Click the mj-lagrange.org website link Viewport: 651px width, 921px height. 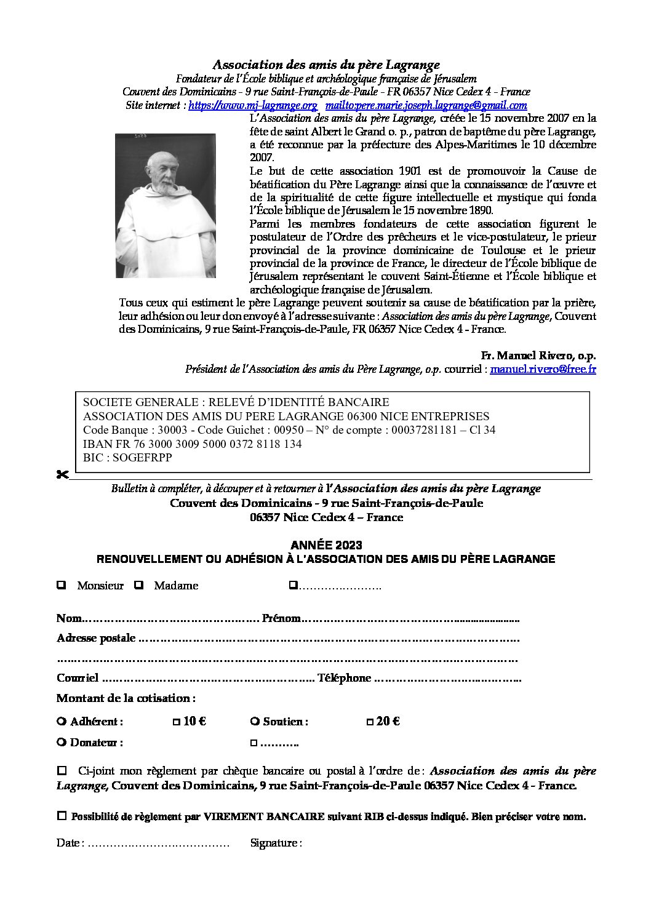[252, 105]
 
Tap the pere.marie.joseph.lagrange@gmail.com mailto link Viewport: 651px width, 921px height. [426, 105]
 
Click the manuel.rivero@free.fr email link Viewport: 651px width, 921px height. [543, 369]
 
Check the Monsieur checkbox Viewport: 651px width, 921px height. [62, 585]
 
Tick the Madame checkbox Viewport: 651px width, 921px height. [139, 585]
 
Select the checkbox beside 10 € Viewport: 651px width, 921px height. [177, 722]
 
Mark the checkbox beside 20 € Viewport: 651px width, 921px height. [370, 722]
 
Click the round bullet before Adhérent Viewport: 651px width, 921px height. [61, 721]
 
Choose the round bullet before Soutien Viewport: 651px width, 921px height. [255, 721]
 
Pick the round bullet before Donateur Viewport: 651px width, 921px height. [61, 742]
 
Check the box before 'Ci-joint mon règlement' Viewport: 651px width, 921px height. [62, 770]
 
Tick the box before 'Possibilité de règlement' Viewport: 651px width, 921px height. [62, 816]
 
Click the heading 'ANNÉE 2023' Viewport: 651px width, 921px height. [326, 545]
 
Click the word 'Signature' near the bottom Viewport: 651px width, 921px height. [274, 843]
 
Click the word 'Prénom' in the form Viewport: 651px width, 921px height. [281, 618]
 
